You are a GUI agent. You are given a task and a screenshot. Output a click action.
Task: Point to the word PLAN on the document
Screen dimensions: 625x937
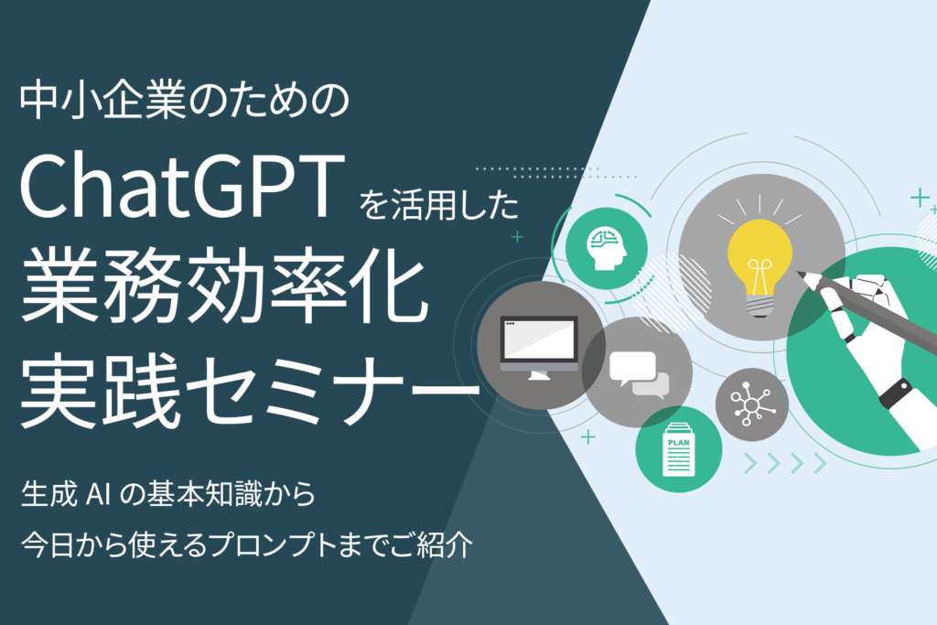[x=678, y=441]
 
